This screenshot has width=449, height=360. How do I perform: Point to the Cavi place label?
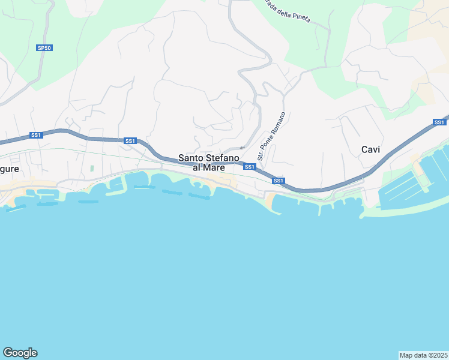click(x=370, y=149)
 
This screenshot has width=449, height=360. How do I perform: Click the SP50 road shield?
click(x=44, y=47)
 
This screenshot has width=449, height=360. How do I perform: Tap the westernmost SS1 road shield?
click(x=36, y=135)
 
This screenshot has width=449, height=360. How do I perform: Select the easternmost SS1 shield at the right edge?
click(x=439, y=122)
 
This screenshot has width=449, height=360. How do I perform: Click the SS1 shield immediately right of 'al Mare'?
click(x=250, y=166)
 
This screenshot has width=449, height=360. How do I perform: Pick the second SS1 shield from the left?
click(x=130, y=141)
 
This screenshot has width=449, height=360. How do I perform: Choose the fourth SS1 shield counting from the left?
click(x=278, y=181)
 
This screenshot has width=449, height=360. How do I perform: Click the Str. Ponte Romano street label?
click(x=271, y=131)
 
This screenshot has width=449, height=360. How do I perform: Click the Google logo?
click(x=20, y=353)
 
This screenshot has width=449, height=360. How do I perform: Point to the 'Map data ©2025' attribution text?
click(x=423, y=355)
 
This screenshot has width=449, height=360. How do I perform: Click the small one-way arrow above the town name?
click(x=243, y=148)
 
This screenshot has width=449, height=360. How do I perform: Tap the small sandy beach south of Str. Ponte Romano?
click(x=272, y=202)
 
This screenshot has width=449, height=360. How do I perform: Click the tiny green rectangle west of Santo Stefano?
click(x=92, y=169)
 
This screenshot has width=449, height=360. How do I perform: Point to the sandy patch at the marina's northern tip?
click(x=415, y=160)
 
